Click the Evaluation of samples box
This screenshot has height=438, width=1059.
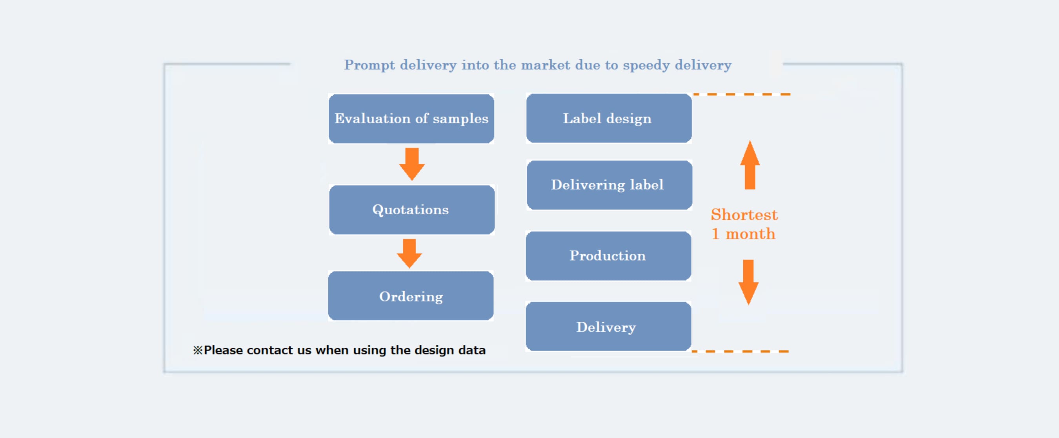click(x=411, y=119)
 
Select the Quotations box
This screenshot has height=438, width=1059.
click(x=411, y=210)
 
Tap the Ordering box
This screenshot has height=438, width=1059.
click(x=411, y=296)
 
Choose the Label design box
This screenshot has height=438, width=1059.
click(x=609, y=118)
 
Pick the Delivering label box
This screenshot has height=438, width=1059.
click(x=609, y=185)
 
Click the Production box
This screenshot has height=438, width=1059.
click(x=608, y=256)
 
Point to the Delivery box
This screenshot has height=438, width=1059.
click(x=608, y=326)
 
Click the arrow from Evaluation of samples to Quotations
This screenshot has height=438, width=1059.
click(x=412, y=164)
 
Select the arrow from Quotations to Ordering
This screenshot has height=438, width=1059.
click(x=409, y=253)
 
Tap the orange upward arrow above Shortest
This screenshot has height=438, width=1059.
click(x=750, y=165)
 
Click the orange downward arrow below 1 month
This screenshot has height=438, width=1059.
click(x=748, y=282)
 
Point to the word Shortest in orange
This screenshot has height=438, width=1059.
click(x=744, y=215)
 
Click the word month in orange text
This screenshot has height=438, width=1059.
click(x=750, y=234)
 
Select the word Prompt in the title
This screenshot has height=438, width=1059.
click(x=369, y=66)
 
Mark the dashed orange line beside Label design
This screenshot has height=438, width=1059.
click(x=742, y=94)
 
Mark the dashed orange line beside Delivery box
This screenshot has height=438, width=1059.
click(x=740, y=351)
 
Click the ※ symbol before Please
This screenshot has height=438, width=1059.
click(x=198, y=350)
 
